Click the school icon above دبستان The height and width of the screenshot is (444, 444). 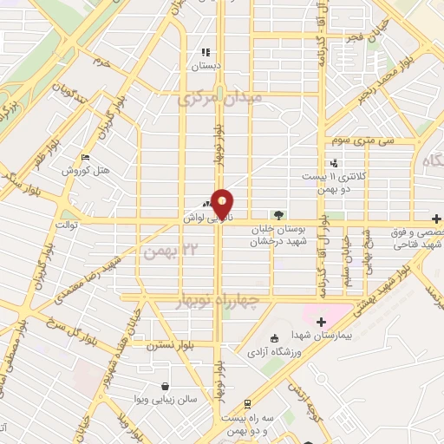206,52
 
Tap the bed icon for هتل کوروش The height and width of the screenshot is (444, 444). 84,157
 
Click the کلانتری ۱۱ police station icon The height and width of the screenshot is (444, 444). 334,163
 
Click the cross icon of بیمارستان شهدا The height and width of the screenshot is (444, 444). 322,322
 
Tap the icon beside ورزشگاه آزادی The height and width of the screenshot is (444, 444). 275,338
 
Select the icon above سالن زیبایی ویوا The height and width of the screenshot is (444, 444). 165,387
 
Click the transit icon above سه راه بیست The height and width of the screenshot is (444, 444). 248,402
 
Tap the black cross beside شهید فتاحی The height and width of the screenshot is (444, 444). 438,219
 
